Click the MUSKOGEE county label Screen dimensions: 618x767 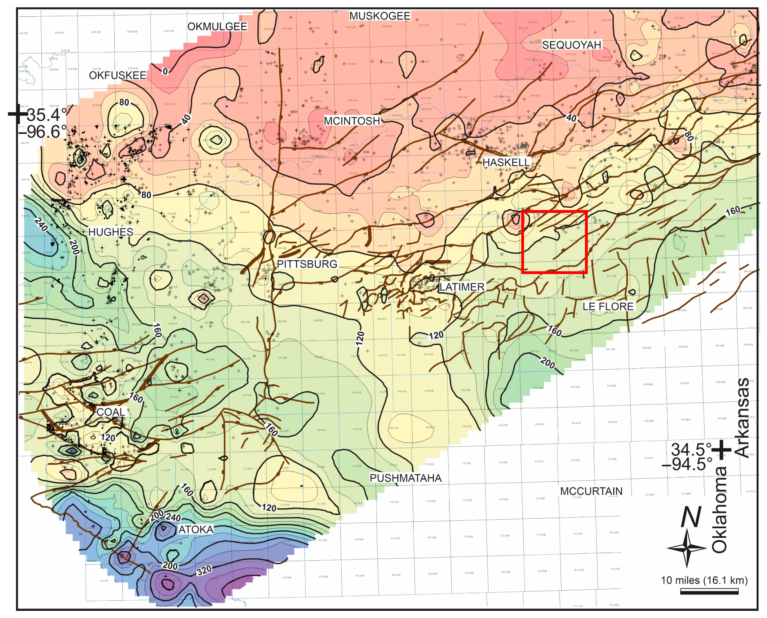point(380,16)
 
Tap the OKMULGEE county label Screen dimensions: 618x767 point(217,26)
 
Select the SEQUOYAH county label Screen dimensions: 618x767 point(571,45)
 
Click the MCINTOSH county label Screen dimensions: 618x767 point(352,121)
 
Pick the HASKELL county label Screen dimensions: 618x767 point(506,162)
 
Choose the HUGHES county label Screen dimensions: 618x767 point(111,232)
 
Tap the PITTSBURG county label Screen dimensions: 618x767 point(307,264)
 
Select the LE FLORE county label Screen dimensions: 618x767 point(608,306)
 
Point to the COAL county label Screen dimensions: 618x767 point(111,412)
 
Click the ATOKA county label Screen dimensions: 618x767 point(196,529)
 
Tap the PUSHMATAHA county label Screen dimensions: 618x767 point(405,478)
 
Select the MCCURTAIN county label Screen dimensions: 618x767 point(591,491)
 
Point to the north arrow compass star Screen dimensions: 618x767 point(687,548)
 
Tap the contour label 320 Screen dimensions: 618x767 point(204,570)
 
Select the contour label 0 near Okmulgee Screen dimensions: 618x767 point(165,71)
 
